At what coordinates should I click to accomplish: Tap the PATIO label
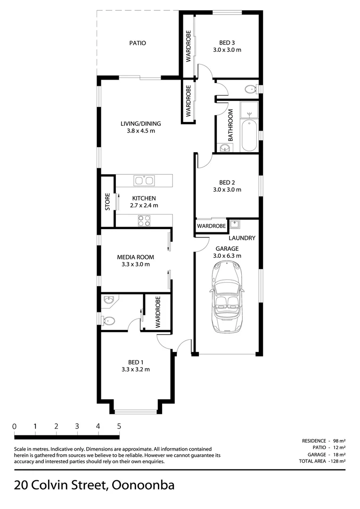point(138,43)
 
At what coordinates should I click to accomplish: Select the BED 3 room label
point(227,42)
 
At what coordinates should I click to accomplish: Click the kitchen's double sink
point(144,181)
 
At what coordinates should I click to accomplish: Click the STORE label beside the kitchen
point(107,202)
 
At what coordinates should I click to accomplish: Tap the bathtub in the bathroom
point(250,136)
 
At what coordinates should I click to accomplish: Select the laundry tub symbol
point(235,224)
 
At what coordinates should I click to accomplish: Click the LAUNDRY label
point(242,238)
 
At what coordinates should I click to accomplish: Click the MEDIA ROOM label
point(135,257)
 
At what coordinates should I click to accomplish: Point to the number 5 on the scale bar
point(119,426)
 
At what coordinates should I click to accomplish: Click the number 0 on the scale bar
point(15,426)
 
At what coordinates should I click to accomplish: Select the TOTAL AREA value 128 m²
point(337,461)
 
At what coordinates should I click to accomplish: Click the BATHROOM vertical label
point(231,125)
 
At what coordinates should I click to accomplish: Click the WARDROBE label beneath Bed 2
point(211,226)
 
